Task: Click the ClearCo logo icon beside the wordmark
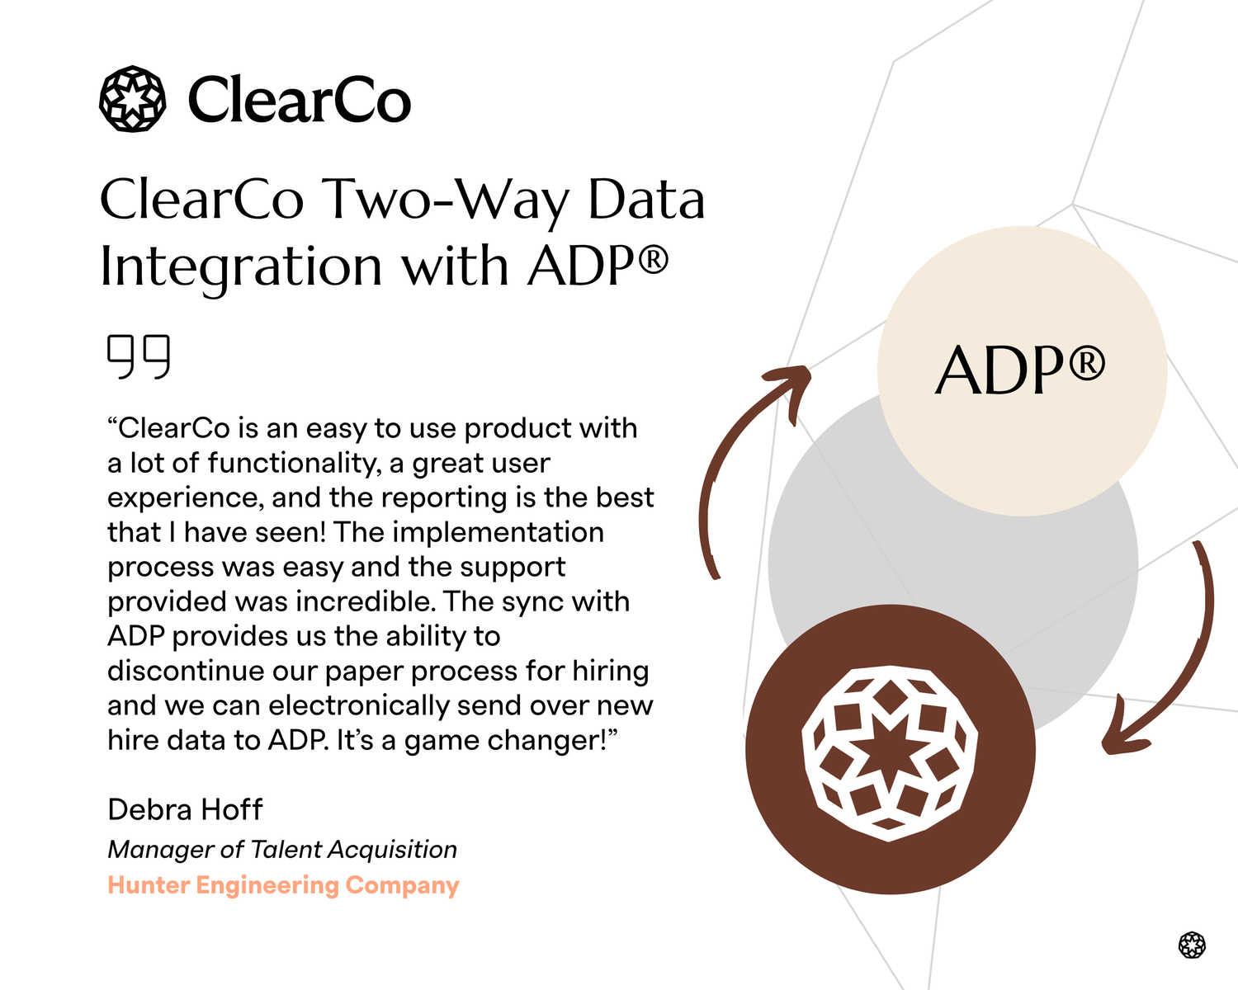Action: coord(132,99)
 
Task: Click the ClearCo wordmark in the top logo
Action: coord(299,100)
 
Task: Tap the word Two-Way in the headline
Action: coord(445,200)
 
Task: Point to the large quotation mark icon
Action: coord(139,356)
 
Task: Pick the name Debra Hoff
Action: coord(185,809)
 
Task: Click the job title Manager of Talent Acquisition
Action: coord(282,849)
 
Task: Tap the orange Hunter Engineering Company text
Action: coord(283,885)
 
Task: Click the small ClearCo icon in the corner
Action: coord(1192,945)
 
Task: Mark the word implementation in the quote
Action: coord(498,532)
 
